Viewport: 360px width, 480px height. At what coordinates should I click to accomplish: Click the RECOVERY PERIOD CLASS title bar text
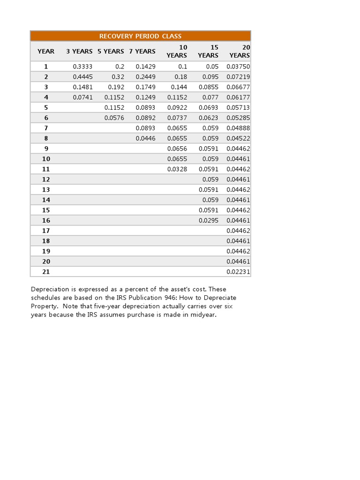tap(140, 36)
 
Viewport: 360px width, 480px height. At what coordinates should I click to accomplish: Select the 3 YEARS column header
tap(79, 51)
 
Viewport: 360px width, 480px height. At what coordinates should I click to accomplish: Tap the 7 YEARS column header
tap(142, 51)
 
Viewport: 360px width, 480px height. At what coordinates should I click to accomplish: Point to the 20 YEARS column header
tap(240, 51)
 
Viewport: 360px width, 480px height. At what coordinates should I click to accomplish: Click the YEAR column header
tap(46, 51)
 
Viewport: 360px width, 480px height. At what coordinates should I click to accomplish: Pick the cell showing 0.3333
tap(82, 67)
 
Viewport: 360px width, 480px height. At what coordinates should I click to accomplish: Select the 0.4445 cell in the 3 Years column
tap(82, 77)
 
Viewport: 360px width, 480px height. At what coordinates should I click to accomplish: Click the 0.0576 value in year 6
tap(114, 118)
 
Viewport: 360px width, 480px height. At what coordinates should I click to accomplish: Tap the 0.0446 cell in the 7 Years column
tap(145, 138)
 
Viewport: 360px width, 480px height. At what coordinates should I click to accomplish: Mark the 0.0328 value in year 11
tap(177, 169)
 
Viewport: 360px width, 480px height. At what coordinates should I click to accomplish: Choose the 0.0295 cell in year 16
tap(209, 220)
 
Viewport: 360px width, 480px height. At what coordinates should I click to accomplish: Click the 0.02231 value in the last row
tap(238, 272)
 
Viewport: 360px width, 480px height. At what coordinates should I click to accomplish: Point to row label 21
tap(46, 272)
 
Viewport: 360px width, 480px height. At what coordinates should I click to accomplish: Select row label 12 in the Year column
tap(46, 180)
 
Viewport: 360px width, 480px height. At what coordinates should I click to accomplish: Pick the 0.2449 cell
tap(145, 77)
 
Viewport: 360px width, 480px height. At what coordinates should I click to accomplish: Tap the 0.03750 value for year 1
tap(238, 67)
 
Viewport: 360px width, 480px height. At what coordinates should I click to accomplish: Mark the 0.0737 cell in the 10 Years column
tap(177, 118)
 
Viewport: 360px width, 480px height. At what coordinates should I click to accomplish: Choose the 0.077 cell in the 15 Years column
tap(211, 97)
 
